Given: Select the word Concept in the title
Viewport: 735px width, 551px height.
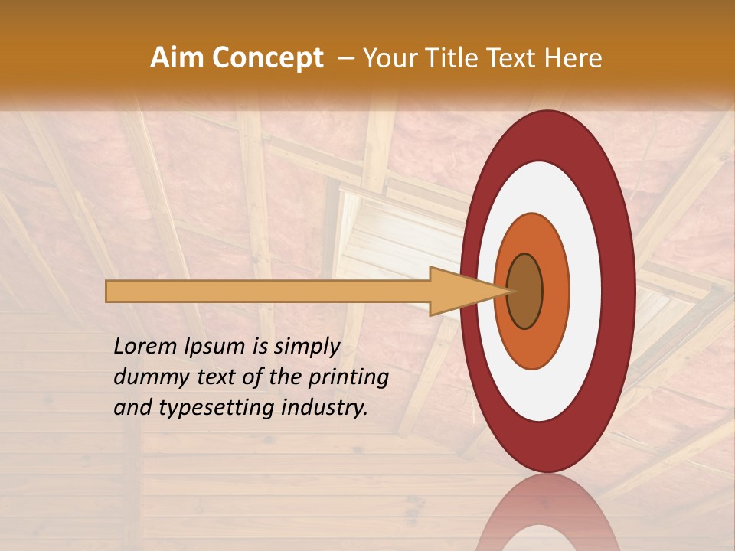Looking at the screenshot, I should [267, 58].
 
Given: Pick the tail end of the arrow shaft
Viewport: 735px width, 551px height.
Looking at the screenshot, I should [109, 291].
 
